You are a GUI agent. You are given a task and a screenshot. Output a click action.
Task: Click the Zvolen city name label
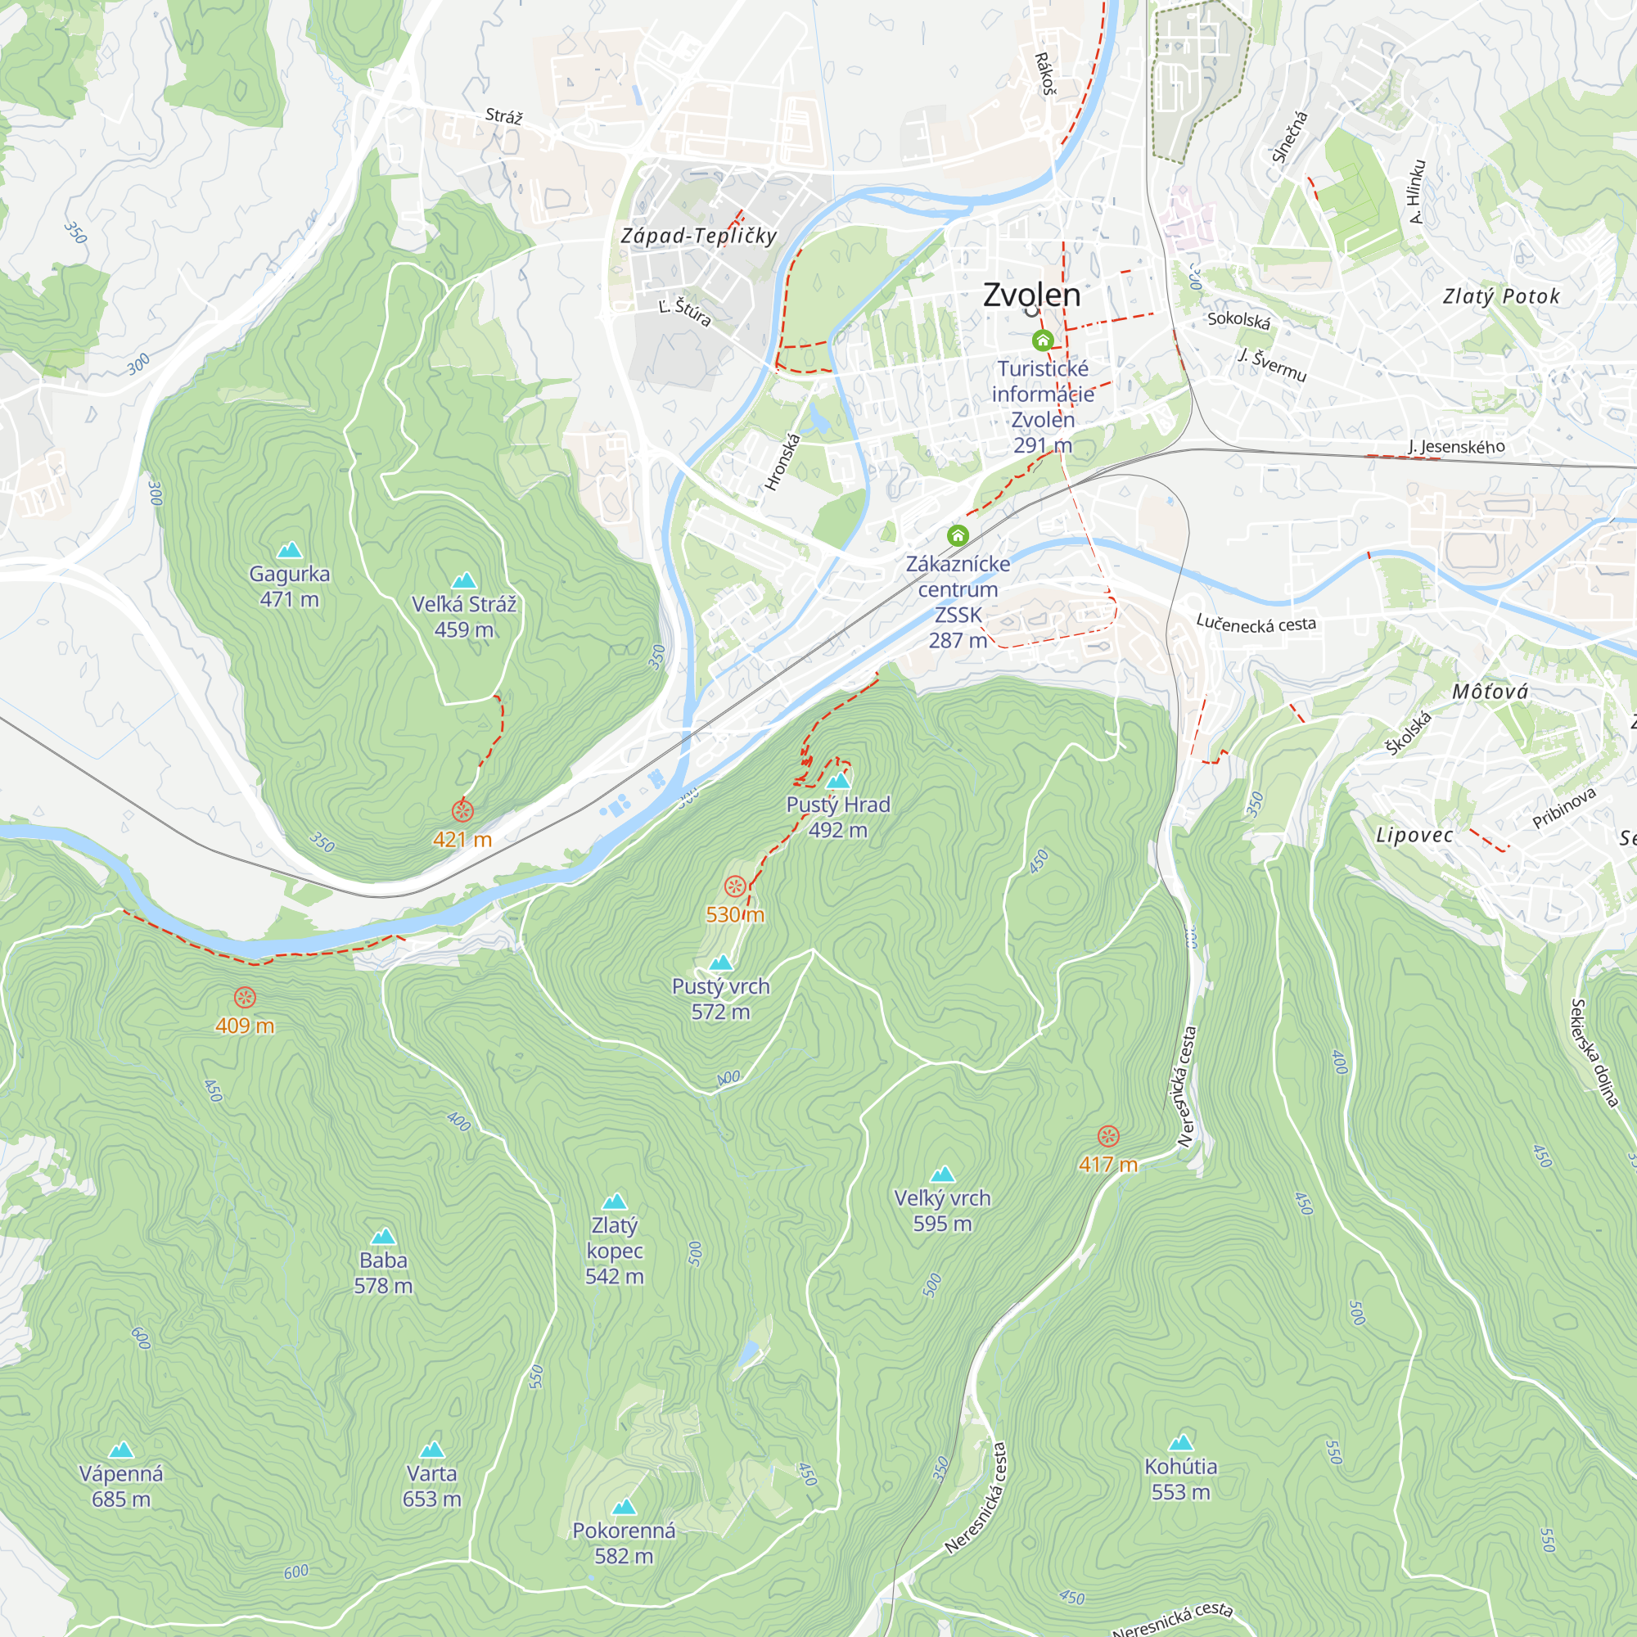pos(1031,295)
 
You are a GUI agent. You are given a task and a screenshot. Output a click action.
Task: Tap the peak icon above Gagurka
pos(290,550)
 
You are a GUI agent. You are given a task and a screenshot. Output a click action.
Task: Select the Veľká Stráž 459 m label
pos(463,616)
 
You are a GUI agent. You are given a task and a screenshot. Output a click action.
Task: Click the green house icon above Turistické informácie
pos(1042,340)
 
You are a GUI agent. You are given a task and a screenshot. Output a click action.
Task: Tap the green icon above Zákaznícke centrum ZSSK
pos(958,535)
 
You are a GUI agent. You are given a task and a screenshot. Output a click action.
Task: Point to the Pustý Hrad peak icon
pos(838,779)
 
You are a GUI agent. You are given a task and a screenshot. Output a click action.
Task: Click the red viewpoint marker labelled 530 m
pos(735,886)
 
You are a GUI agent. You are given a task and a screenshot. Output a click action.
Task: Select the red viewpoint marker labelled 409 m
pos(245,997)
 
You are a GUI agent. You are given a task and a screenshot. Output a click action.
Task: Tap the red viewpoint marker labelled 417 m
pos(1108,1136)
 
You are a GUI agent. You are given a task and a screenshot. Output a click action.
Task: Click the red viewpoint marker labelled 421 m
pos(462,811)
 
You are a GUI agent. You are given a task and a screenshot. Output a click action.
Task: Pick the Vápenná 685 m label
pos(121,1486)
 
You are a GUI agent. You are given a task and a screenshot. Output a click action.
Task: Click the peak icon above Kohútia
pos(1180,1442)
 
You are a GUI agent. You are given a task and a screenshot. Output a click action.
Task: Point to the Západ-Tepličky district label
pos(699,236)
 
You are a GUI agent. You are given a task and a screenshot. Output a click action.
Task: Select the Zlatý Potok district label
pos(1500,295)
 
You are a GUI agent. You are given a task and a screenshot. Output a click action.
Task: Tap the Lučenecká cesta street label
pos(1256,624)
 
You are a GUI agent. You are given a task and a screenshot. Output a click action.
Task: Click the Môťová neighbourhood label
pos(1490,692)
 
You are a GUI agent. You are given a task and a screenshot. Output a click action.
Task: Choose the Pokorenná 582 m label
pos(624,1543)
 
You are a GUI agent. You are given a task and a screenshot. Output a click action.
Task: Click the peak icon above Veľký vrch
pos(942,1174)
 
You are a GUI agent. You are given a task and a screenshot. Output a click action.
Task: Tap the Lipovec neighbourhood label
pos(1414,835)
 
